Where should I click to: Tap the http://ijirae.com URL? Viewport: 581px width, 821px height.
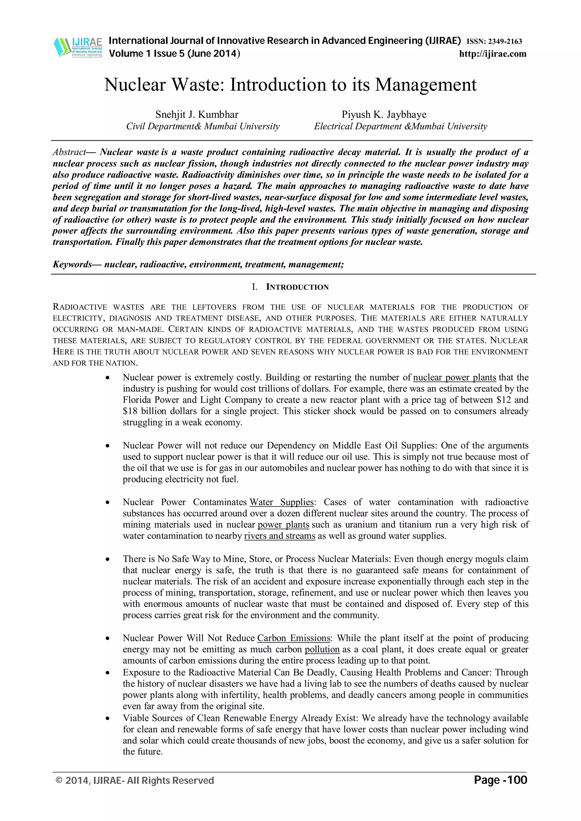point(492,54)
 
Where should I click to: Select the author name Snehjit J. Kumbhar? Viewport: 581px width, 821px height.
point(197,114)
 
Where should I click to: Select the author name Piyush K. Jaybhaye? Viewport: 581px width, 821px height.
point(384,114)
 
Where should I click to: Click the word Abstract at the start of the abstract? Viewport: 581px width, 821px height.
point(69,152)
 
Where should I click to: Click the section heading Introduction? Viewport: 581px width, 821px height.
point(297,287)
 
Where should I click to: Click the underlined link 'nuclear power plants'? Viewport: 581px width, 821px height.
point(454,378)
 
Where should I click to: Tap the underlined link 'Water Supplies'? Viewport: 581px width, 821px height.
point(281,502)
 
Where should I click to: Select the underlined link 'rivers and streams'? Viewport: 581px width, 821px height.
point(280,536)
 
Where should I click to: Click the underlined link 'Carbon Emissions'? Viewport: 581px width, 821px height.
point(294,638)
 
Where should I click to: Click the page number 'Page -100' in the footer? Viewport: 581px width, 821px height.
point(500,780)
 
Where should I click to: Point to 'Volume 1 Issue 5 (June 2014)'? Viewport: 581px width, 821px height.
point(174,54)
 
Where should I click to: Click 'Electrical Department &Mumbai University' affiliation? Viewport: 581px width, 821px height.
point(400,126)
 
